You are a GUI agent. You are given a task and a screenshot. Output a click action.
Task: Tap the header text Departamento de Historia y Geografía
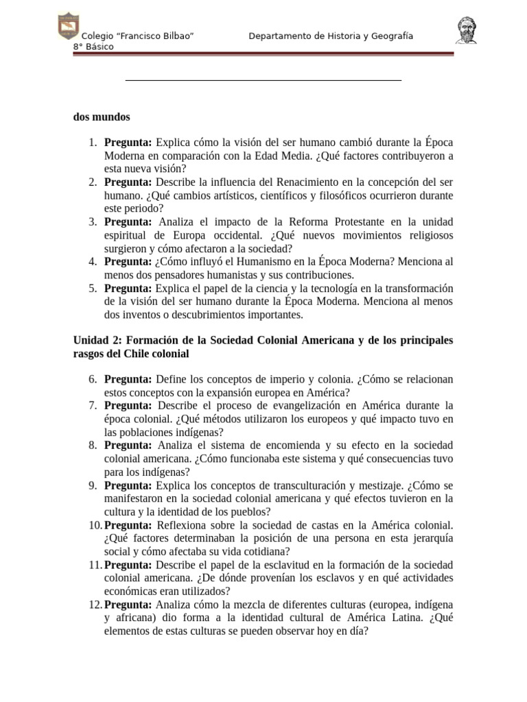tap(331, 36)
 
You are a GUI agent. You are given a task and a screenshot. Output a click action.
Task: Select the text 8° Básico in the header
tap(94, 47)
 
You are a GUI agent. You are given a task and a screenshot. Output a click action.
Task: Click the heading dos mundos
tap(102, 117)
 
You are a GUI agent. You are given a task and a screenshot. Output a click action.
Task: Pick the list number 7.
tap(93, 406)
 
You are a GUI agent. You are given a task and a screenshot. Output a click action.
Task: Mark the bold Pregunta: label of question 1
tap(128, 143)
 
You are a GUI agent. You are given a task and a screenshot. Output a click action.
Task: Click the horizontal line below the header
tap(263, 81)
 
